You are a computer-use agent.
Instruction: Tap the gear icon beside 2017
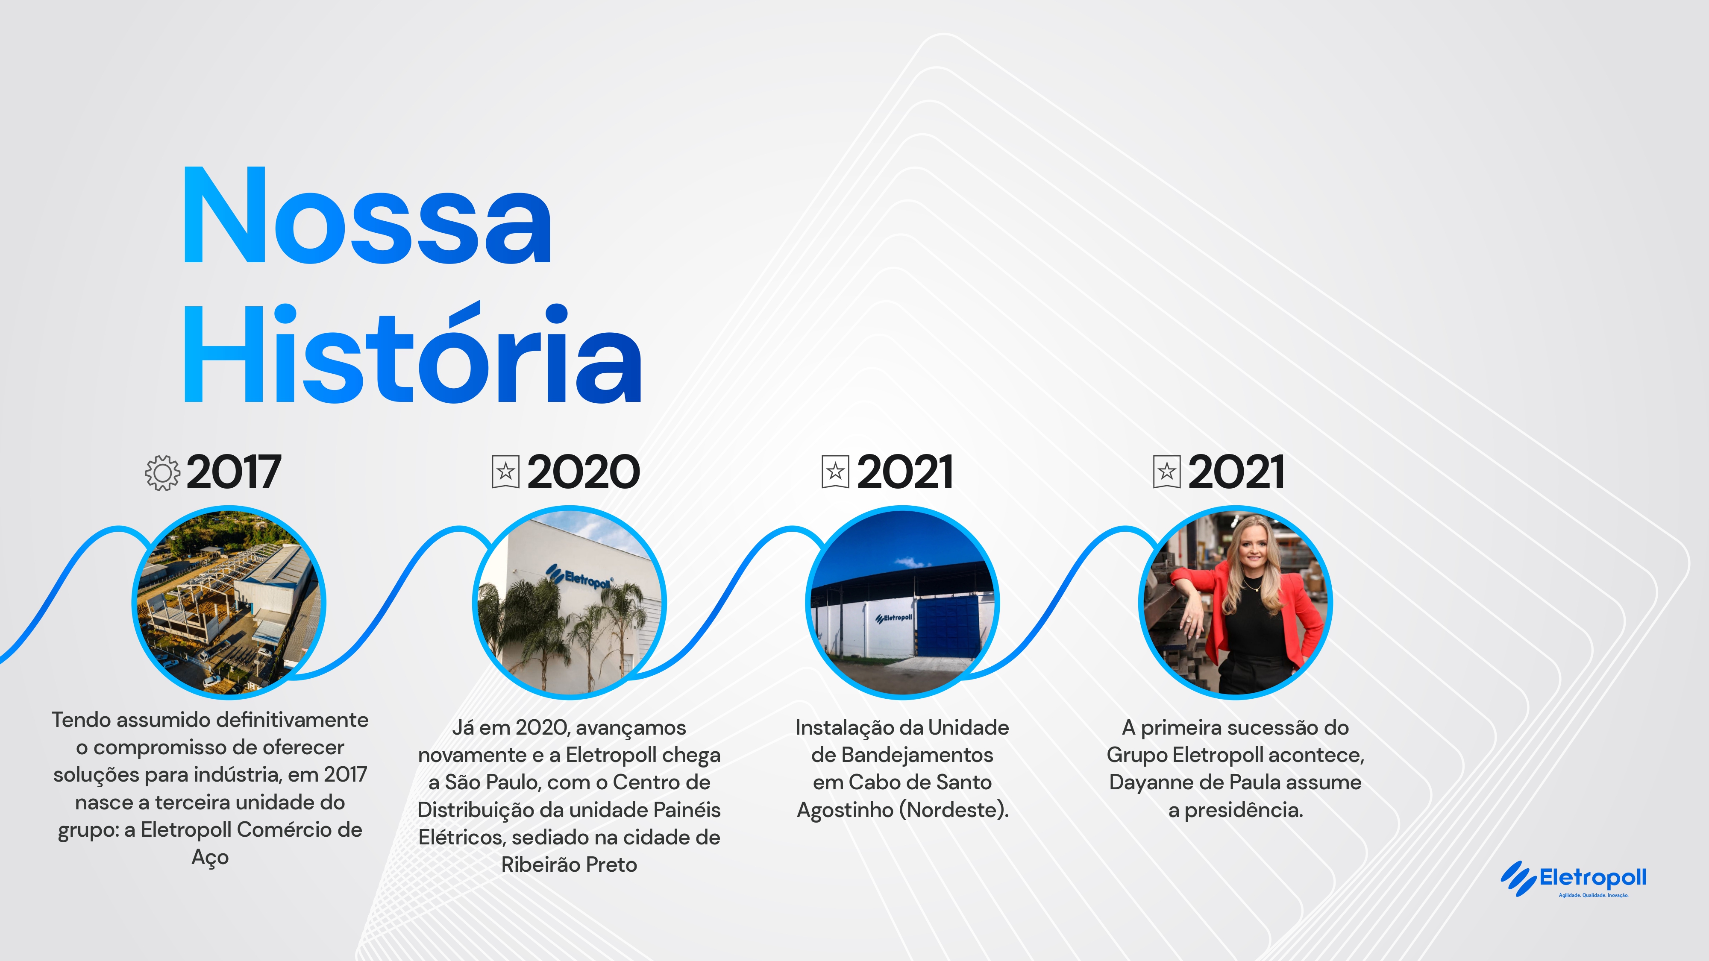(x=162, y=473)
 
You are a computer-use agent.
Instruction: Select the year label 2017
(x=234, y=473)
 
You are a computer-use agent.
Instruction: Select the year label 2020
(x=584, y=473)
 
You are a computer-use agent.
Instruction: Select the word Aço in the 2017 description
(x=210, y=858)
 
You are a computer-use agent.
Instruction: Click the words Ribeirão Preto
(x=569, y=865)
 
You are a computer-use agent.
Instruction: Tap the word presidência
(x=1244, y=810)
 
